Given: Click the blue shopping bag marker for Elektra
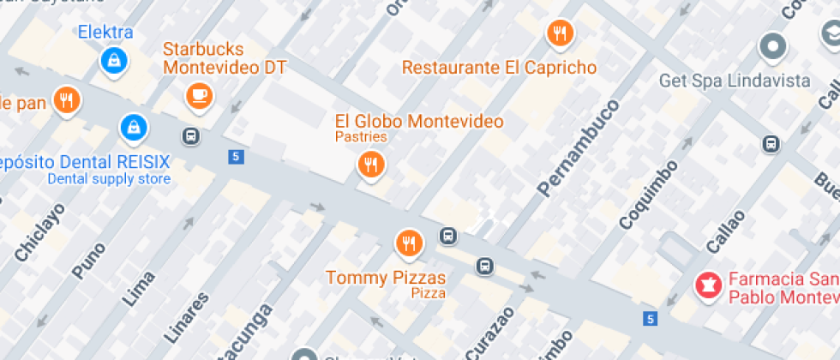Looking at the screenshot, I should tap(112, 59).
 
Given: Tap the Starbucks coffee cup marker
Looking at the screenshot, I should tap(200, 95).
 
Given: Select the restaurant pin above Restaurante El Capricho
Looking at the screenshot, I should tap(560, 33).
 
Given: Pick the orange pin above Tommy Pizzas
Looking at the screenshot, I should tap(409, 243).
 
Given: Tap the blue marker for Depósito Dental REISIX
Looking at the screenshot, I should tap(134, 128).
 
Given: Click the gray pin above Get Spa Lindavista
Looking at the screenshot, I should tap(773, 46).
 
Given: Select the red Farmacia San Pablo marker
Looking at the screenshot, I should tap(709, 284).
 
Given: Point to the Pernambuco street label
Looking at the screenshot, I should tap(579, 147).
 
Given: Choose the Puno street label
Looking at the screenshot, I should tap(89, 261).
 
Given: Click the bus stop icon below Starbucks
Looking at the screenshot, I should tap(190, 135).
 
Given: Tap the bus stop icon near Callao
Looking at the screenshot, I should tap(771, 144).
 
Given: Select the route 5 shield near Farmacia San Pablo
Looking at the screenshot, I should tap(650, 318).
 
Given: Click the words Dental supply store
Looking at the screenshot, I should tap(109, 179).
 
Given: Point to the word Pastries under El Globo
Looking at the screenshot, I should tap(361, 137).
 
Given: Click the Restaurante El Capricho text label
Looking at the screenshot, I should tap(500, 67).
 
